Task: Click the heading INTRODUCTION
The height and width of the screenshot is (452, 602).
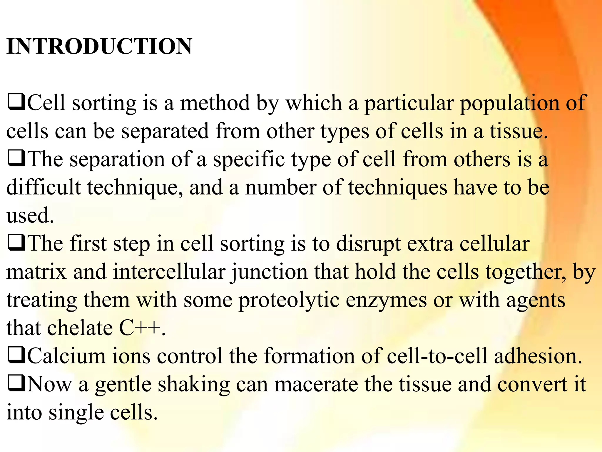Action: (99, 46)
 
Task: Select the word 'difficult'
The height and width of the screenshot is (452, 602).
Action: (44, 187)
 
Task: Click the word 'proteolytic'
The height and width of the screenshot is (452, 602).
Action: (289, 301)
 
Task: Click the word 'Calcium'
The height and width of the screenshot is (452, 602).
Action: (66, 356)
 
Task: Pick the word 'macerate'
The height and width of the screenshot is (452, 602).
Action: (316, 384)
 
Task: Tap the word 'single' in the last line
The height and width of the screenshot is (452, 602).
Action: (76, 413)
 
